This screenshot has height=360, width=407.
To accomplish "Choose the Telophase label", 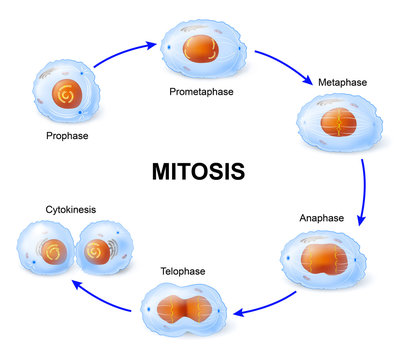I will click(182, 270).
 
